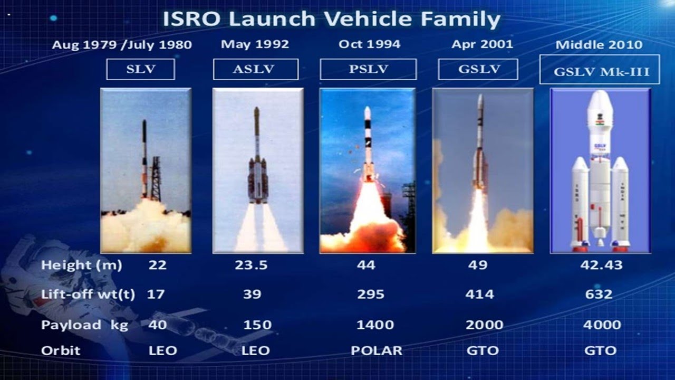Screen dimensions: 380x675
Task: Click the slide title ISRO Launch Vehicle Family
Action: click(x=331, y=19)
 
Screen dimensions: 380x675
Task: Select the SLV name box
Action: click(x=140, y=70)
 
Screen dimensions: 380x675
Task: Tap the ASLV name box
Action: click(x=255, y=70)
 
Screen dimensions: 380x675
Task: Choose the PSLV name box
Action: click(x=368, y=70)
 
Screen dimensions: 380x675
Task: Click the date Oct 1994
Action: click(x=369, y=44)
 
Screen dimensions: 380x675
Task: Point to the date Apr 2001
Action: click(x=482, y=44)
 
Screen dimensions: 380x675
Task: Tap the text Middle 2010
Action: click(x=599, y=45)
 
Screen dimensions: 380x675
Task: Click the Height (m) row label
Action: click(x=81, y=265)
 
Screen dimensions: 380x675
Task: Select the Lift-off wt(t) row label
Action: click(x=88, y=294)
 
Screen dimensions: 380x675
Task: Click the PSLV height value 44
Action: click(x=366, y=265)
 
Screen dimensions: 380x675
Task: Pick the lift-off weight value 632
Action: click(x=599, y=294)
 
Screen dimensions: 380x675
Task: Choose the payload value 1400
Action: click(x=375, y=325)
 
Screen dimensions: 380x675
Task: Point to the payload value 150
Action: click(x=256, y=325)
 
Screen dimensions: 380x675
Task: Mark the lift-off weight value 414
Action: click(x=480, y=294)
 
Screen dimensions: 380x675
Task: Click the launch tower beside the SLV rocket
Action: click(x=156, y=179)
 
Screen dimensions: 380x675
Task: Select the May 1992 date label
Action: click(x=255, y=44)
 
